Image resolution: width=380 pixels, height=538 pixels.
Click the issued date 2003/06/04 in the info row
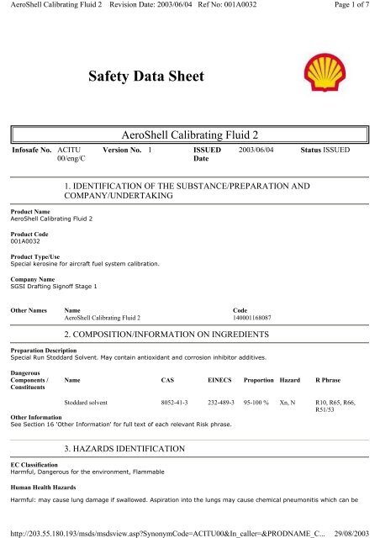tap(258, 148)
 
